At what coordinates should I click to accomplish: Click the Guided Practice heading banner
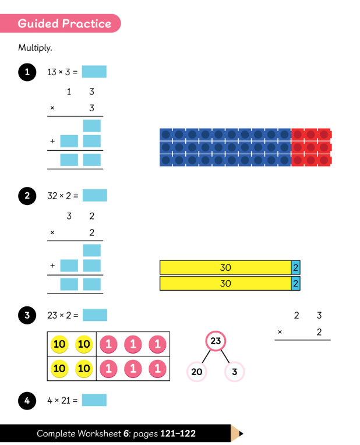[60, 23]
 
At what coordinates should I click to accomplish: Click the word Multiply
[35, 48]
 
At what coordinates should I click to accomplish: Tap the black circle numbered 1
[27, 72]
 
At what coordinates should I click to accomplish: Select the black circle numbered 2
[27, 196]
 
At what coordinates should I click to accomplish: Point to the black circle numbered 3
[27, 315]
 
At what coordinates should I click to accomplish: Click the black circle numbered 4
[27, 401]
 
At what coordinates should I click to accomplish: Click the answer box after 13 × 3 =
[94, 72]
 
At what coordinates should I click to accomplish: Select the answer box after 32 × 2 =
[95, 196]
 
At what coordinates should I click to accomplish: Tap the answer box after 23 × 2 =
[95, 315]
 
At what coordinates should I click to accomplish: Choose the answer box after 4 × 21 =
[94, 400]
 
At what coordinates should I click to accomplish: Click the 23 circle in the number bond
[216, 341]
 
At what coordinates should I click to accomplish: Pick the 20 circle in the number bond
[197, 372]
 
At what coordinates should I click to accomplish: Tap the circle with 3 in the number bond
[235, 372]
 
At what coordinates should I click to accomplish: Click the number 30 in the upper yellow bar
[225, 267]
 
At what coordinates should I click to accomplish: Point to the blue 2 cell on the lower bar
[295, 283]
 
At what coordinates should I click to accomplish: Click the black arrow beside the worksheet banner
[241, 433]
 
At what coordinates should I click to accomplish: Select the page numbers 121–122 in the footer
[178, 433]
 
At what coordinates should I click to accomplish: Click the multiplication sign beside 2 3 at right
[280, 332]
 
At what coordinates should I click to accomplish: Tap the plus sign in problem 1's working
[52, 141]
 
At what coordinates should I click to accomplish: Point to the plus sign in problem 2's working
[52, 266]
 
